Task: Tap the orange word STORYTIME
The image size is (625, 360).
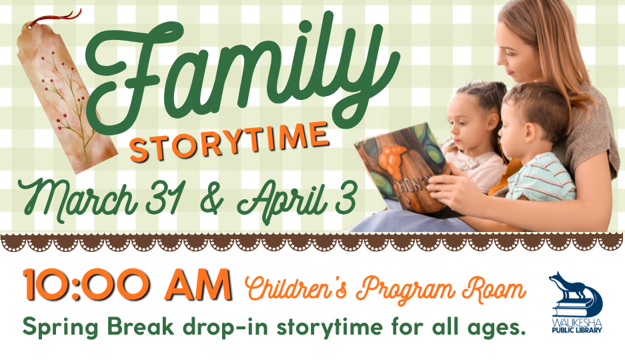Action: (229, 142)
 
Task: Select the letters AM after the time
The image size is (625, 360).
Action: (199, 285)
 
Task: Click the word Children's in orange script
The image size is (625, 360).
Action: (295, 288)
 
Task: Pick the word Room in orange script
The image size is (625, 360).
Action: (494, 288)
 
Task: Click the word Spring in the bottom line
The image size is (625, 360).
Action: (60, 328)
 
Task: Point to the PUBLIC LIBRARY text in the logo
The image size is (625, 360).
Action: (577, 330)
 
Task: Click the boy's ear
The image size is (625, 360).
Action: (530, 133)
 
